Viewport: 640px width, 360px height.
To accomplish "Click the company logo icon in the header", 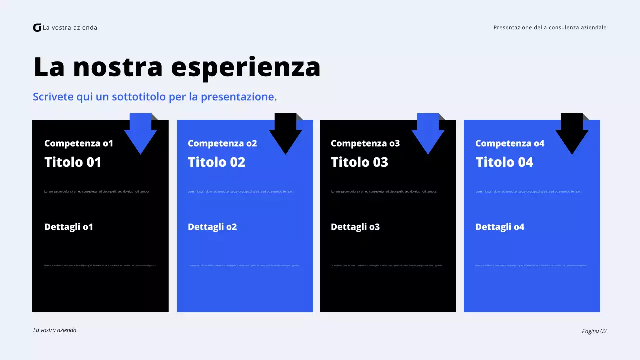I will pyautogui.click(x=37, y=28).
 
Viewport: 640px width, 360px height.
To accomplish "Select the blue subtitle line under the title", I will pyautogui.click(x=155, y=97).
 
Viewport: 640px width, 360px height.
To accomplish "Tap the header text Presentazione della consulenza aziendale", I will pyautogui.click(x=550, y=28).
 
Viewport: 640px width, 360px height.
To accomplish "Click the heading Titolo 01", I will pyautogui.click(x=73, y=162).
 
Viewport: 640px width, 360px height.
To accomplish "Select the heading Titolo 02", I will pyautogui.click(x=216, y=162).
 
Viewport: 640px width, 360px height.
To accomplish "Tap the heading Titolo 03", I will pyautogui.click(x=359, y=162).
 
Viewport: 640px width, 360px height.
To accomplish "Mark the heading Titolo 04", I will pyautogui.click(x=504, y=162).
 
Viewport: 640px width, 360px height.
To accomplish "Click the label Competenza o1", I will pyautogui.click(x=79, y=144).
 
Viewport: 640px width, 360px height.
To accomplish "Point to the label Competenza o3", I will pyautogui.click(x=365, y=144).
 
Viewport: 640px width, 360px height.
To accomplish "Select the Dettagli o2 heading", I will pyautogui.click(x=212, y=227).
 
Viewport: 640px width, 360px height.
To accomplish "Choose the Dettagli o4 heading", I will pyautogui.click(x=500, y=227).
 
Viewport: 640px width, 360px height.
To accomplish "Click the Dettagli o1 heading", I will pyautogui.click(x=69, y=227).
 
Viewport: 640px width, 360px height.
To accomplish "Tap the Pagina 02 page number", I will pyautogui.click(x=594, y=331).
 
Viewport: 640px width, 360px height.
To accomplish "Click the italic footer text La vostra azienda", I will pyautogui.click(x=55, y=330).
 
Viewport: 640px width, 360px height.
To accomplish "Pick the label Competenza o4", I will pyautogui.click(x=510, y=144).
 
